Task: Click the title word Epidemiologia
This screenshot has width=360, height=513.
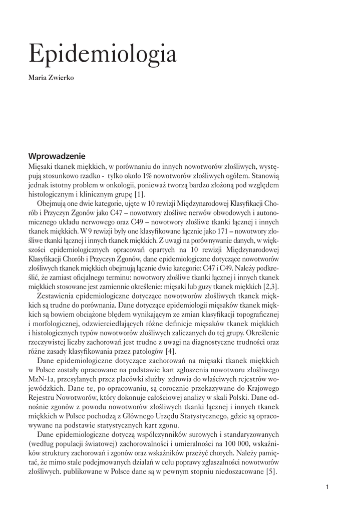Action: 102,54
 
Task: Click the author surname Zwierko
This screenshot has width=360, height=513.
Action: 62,78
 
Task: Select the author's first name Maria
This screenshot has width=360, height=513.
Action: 38,78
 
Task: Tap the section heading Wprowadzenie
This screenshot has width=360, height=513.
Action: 57,156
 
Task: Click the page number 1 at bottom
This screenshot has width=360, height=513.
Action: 326,486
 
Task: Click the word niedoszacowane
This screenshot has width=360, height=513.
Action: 236,472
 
